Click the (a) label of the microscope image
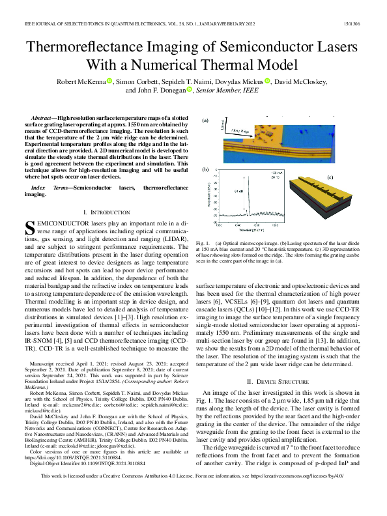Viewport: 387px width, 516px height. point(205,121)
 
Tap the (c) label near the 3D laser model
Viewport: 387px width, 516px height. point(330,177)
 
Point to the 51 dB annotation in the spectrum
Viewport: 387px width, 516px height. point(236,192)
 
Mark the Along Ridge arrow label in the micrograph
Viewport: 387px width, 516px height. point(244,130)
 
